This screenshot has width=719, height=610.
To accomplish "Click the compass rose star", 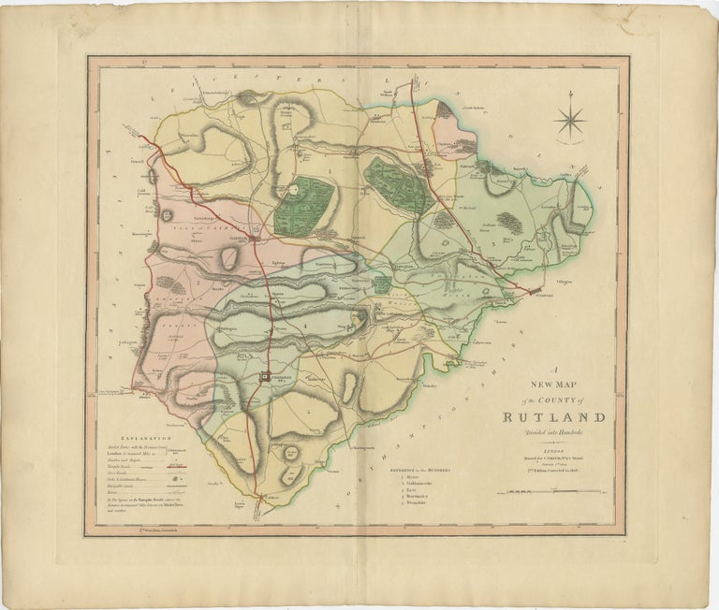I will [x=569, y=121].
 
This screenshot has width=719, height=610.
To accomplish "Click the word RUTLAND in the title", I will [x=552, y=417].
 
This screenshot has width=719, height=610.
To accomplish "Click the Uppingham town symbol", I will [x=268, y=378].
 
